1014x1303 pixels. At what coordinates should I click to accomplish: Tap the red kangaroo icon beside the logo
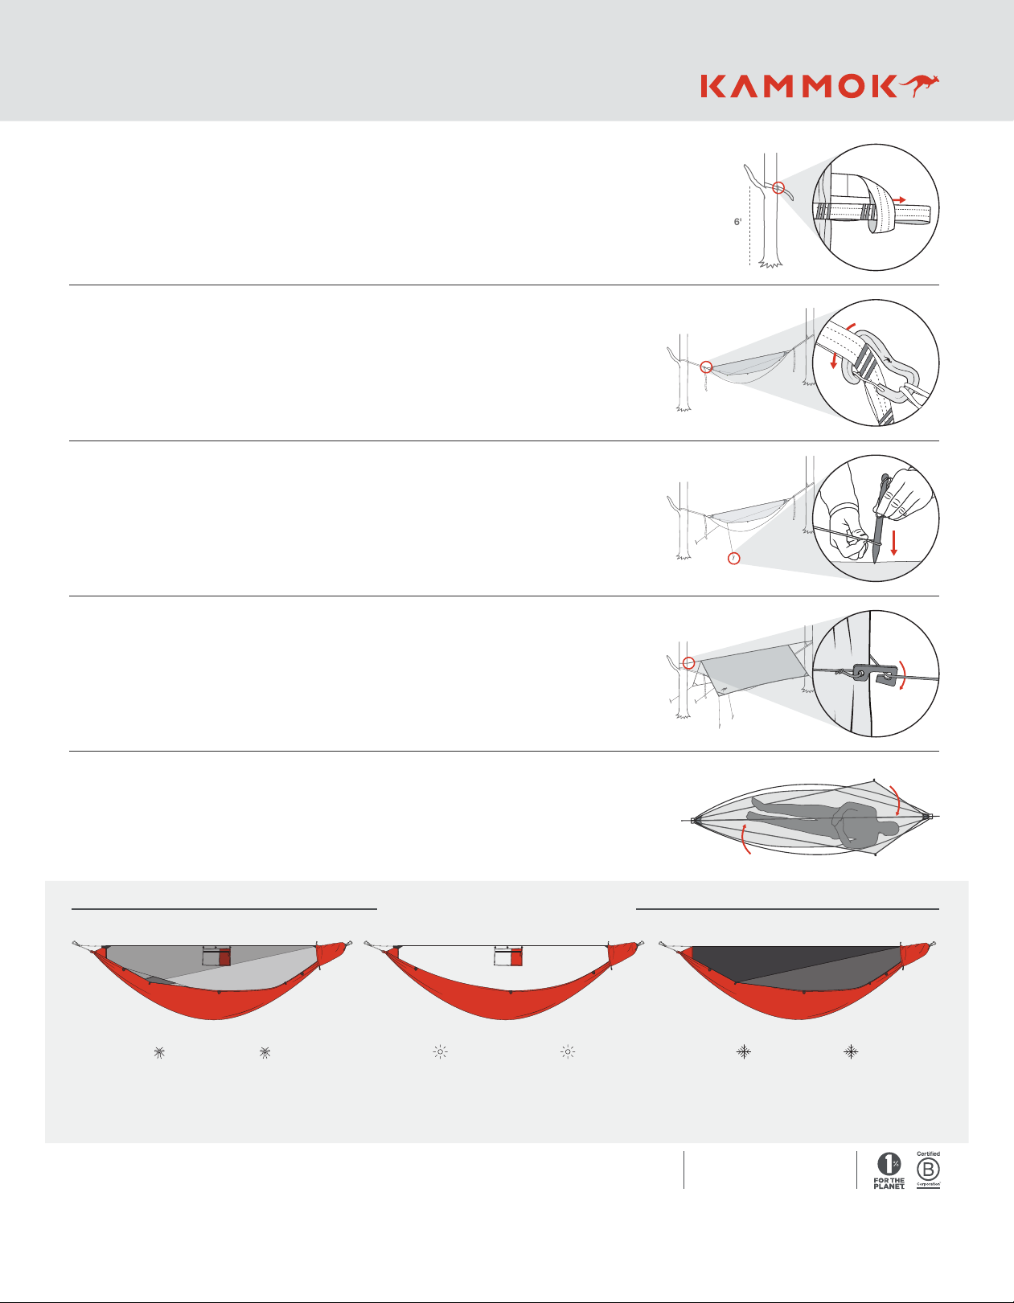919,86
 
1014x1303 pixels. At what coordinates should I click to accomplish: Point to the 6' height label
737,222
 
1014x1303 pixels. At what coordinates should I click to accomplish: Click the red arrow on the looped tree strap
898,199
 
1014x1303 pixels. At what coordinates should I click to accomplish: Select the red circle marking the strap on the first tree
778,187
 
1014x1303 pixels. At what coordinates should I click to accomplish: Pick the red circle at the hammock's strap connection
706,367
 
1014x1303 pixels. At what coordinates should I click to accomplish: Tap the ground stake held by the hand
880,519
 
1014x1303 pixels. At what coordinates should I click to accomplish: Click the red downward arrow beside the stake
894,543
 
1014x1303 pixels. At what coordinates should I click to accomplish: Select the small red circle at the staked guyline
733,559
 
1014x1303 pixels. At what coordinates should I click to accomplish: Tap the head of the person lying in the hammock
887,830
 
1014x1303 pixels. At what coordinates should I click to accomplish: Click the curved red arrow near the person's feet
745,839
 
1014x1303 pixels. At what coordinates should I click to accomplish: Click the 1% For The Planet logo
889,1170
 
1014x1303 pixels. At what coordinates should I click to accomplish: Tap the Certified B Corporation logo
928,1170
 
